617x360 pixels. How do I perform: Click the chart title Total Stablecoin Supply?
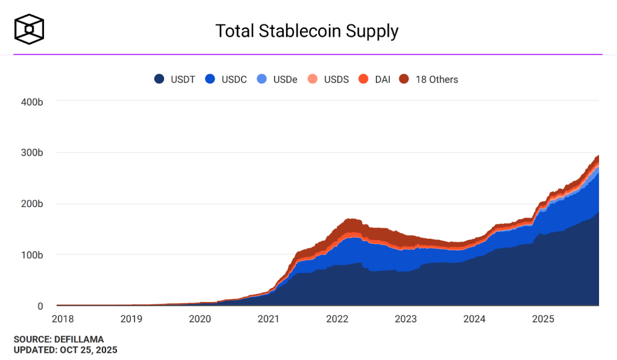click(x=307, y=31)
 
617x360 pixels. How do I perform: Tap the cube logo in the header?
click(x=30, y=28)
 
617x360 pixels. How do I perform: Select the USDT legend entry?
click(x=175, y=79)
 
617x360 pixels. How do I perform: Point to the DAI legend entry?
click(x=374, y=79)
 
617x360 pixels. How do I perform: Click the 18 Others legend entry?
click(x=428, y=79)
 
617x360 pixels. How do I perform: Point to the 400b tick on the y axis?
click(x=31, y=101)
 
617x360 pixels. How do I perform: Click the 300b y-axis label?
click(x=31, y=153)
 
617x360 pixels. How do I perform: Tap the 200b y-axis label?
click(x=31, y=204)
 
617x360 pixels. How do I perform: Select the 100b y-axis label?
click(x=31, y=255)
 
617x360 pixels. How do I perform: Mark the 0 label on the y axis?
click(x=40, y=306)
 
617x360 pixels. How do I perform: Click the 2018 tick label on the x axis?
click(x=62, y=318)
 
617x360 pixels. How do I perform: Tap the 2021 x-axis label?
click(x=268, y=318)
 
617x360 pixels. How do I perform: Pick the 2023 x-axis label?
click(x=406, y=318)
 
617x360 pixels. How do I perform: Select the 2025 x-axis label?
click(x=544, y=318)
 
